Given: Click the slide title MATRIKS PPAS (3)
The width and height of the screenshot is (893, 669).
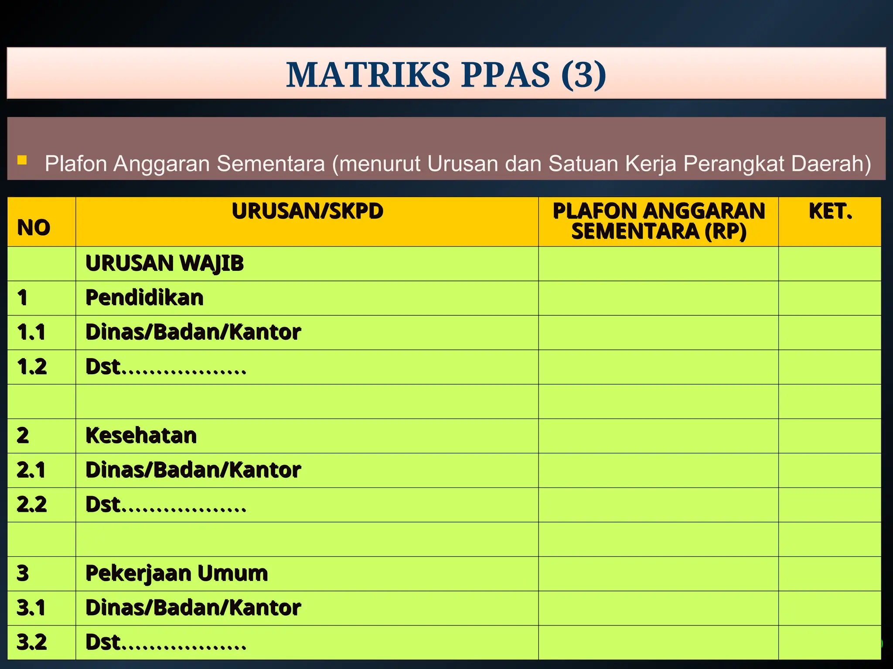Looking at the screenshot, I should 446,74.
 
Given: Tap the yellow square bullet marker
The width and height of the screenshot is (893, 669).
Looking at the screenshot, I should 22,160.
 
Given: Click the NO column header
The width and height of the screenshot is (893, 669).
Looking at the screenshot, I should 34,227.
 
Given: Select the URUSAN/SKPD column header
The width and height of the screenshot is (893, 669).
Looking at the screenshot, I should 307,211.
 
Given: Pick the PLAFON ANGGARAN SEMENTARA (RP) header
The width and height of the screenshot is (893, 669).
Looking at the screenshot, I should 658,221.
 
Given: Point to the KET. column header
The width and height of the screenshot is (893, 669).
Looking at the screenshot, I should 830,211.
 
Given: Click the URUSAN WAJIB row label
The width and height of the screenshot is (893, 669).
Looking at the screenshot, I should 164,264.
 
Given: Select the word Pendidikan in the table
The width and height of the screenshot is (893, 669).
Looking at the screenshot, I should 144,298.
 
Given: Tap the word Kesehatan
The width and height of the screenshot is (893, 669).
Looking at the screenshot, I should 141,436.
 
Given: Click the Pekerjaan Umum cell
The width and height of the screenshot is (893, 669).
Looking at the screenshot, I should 177,573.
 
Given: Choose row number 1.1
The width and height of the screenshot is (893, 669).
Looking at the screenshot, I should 31,332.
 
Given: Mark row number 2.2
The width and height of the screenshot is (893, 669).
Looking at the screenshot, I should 31,504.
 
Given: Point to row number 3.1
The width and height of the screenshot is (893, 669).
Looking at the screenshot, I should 31,608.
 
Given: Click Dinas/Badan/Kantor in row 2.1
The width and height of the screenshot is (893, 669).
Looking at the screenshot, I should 193,470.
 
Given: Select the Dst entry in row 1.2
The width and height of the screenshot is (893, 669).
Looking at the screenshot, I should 166,367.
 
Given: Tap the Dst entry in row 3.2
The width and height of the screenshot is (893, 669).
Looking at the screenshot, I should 166,642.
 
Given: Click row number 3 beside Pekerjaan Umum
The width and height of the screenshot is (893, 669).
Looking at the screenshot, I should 23,573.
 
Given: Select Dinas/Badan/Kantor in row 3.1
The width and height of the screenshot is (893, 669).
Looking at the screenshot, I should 193,608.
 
